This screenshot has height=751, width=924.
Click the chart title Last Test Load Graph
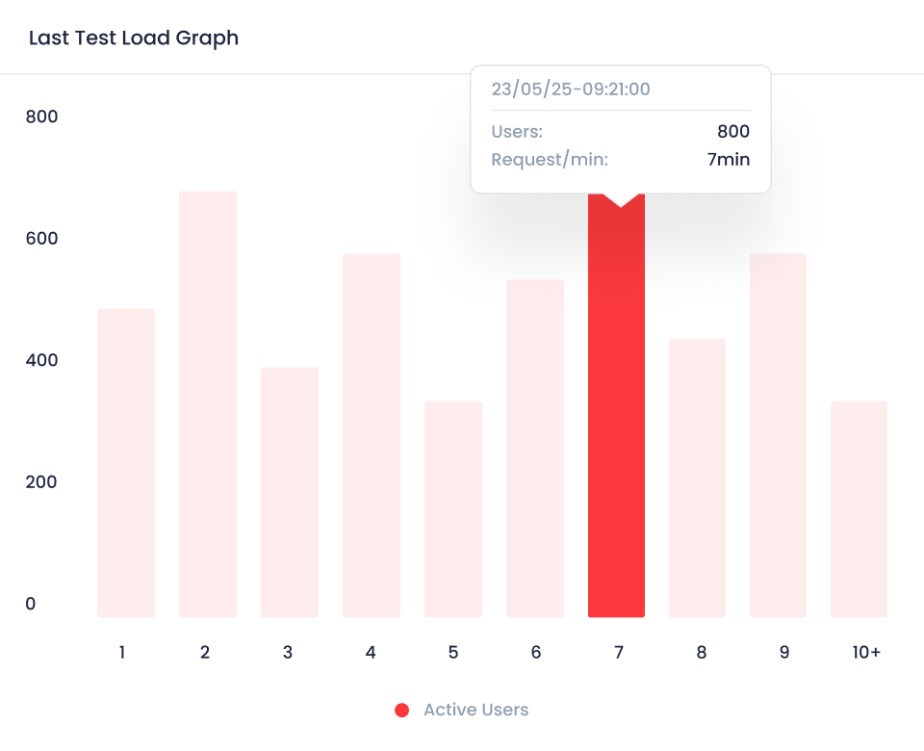[x=134, y=39]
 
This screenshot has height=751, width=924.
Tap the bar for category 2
[x=207, y=404]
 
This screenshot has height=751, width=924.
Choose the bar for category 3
[x=289, y=491]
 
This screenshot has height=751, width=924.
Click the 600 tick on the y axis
[x=42, y=239]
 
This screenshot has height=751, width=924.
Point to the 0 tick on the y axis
[x=31, y=604]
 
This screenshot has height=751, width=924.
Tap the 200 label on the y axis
[x=42, y=482]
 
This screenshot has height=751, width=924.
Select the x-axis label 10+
[x=866, y=653]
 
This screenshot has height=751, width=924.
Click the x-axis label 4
[x=371, y=653]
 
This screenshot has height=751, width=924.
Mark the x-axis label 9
[x=783, y=653]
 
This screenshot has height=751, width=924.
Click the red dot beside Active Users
[x=402, y=711]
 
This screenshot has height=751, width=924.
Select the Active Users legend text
[x=475, y=711]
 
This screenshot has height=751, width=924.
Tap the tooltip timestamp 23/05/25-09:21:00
[x=571, y=90]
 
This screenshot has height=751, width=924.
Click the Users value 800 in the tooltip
[x=732, y=132]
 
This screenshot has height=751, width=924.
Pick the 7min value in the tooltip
[x=728, y=160]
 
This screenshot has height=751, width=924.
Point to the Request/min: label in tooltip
[x=550, y=160]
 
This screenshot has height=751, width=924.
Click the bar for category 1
[x=125, y=462]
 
